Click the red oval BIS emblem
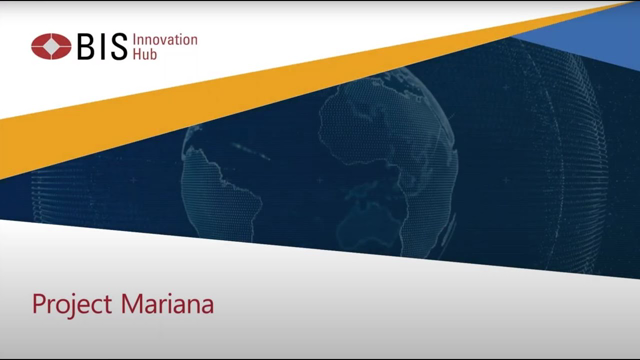(x=51, y=47)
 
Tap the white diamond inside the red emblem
(x=51, y=47)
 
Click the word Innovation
(x=167, y=39)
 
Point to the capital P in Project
(x=37, y=300)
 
